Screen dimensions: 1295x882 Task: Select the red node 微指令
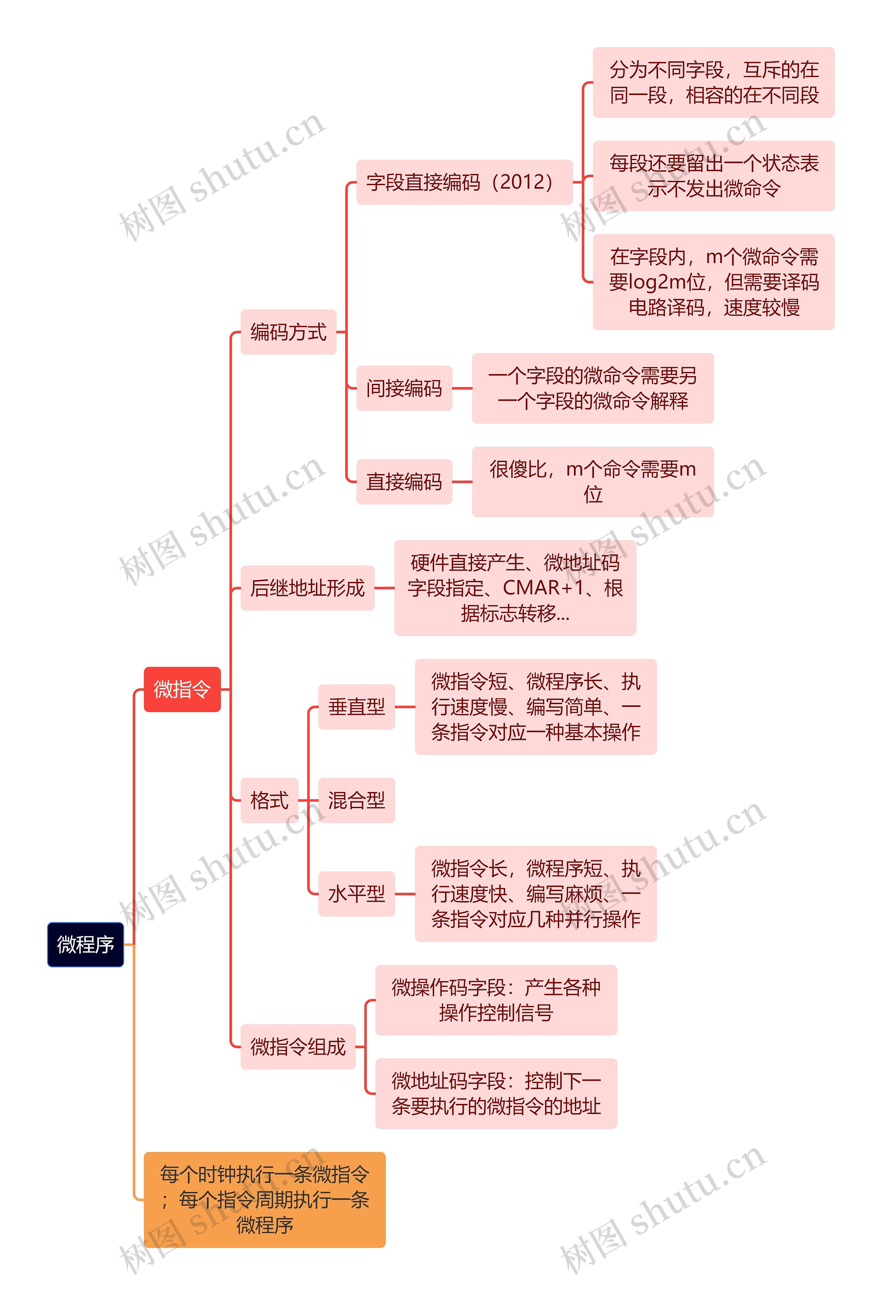(182, 689)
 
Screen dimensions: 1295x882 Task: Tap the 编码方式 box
(288, 332)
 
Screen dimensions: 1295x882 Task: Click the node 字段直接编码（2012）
(464, 182)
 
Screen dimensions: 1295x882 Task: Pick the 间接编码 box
(404, 388)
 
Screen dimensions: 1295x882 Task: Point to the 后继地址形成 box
(307, 588)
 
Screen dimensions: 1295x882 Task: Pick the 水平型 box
(356, 894)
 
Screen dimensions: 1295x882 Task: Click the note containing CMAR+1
(515, 588)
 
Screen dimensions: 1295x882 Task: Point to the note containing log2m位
(713, 282)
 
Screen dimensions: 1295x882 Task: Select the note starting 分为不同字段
(713, 83)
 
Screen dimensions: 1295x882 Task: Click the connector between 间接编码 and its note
(462, 388)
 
